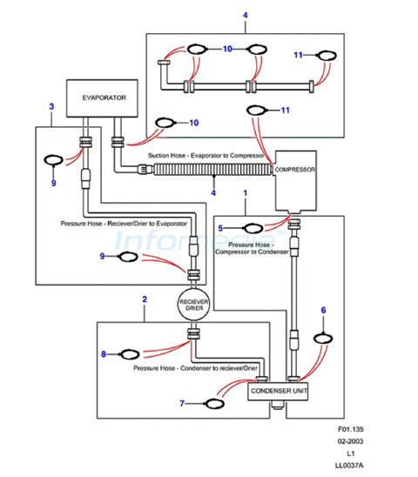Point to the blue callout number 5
220,228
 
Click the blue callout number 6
323,310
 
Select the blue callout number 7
182,403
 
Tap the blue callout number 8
104,354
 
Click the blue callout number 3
51,106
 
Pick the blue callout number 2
145,299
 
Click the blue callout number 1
246,193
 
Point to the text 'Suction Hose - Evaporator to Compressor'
206,156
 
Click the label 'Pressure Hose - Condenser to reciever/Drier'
195,368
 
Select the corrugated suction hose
212,170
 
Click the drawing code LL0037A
349,466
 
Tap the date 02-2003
350,441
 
